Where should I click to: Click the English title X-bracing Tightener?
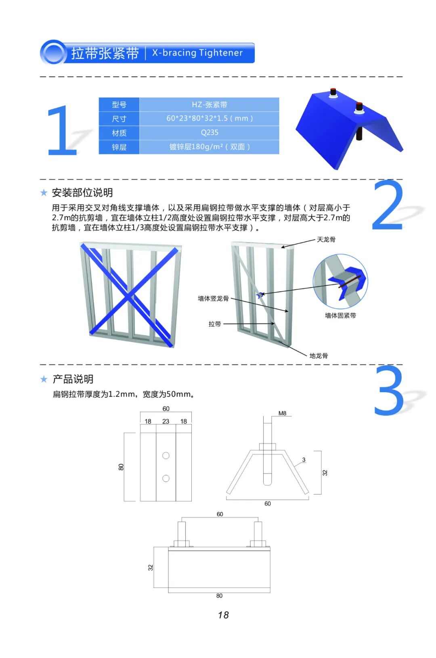[197, 53]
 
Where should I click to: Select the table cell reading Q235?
[210, 133]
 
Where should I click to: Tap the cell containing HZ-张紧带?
[210, 104]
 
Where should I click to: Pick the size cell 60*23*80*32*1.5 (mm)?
[210, 119]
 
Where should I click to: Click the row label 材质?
[119, 133]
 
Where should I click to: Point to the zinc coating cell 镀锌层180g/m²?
[210, 147]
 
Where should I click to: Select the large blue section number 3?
[388, 391]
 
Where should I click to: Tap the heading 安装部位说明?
[82, 193]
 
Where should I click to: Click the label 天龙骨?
[326, 240]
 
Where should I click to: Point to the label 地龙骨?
[319, 356]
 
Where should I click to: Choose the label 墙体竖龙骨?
[213, 299]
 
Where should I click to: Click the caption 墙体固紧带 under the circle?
[340, 315]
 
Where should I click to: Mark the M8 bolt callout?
[282, 414]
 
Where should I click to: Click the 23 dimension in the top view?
[166, 422]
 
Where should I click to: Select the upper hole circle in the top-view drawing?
[166, 455]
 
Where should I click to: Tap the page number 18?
[223, 615]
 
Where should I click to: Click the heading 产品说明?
[73, 379]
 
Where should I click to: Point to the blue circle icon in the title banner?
[53, 53]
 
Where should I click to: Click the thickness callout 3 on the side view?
[304, 460]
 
